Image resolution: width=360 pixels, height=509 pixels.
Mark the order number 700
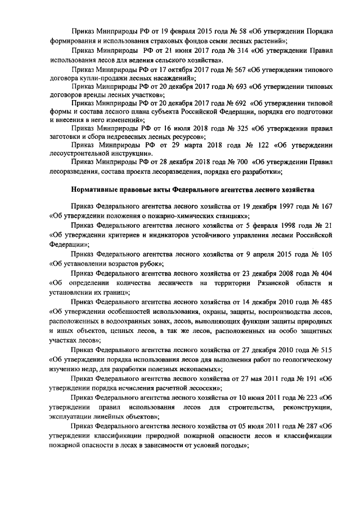point(237,162)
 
